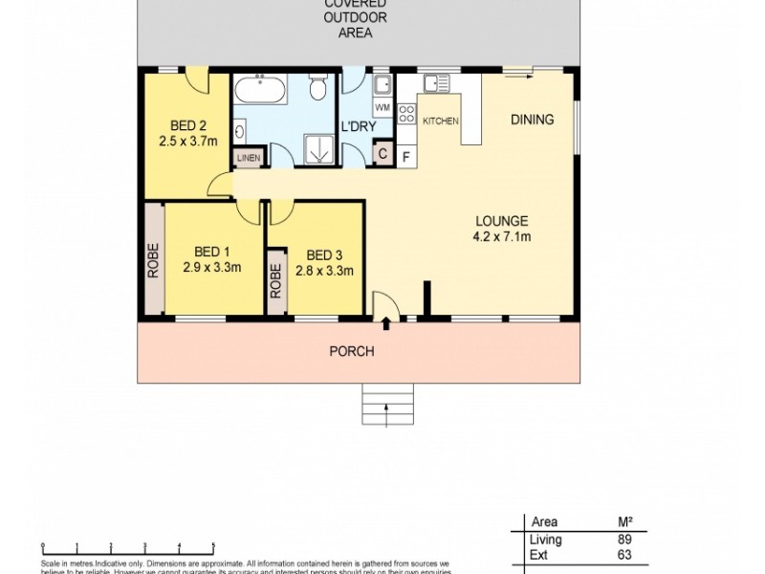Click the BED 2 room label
[x=188, y=124]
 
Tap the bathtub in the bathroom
[x=259, y=93]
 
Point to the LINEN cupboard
[x=248, y=159]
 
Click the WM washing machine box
[x=382, y=107]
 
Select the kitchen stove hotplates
[x=405, y=115]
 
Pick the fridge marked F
[x=405, y=156]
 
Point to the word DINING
[x=532, y=120]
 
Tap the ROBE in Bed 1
[x=153, y=259]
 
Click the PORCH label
[x=351, y=351]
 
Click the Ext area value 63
[x=626, y=556]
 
